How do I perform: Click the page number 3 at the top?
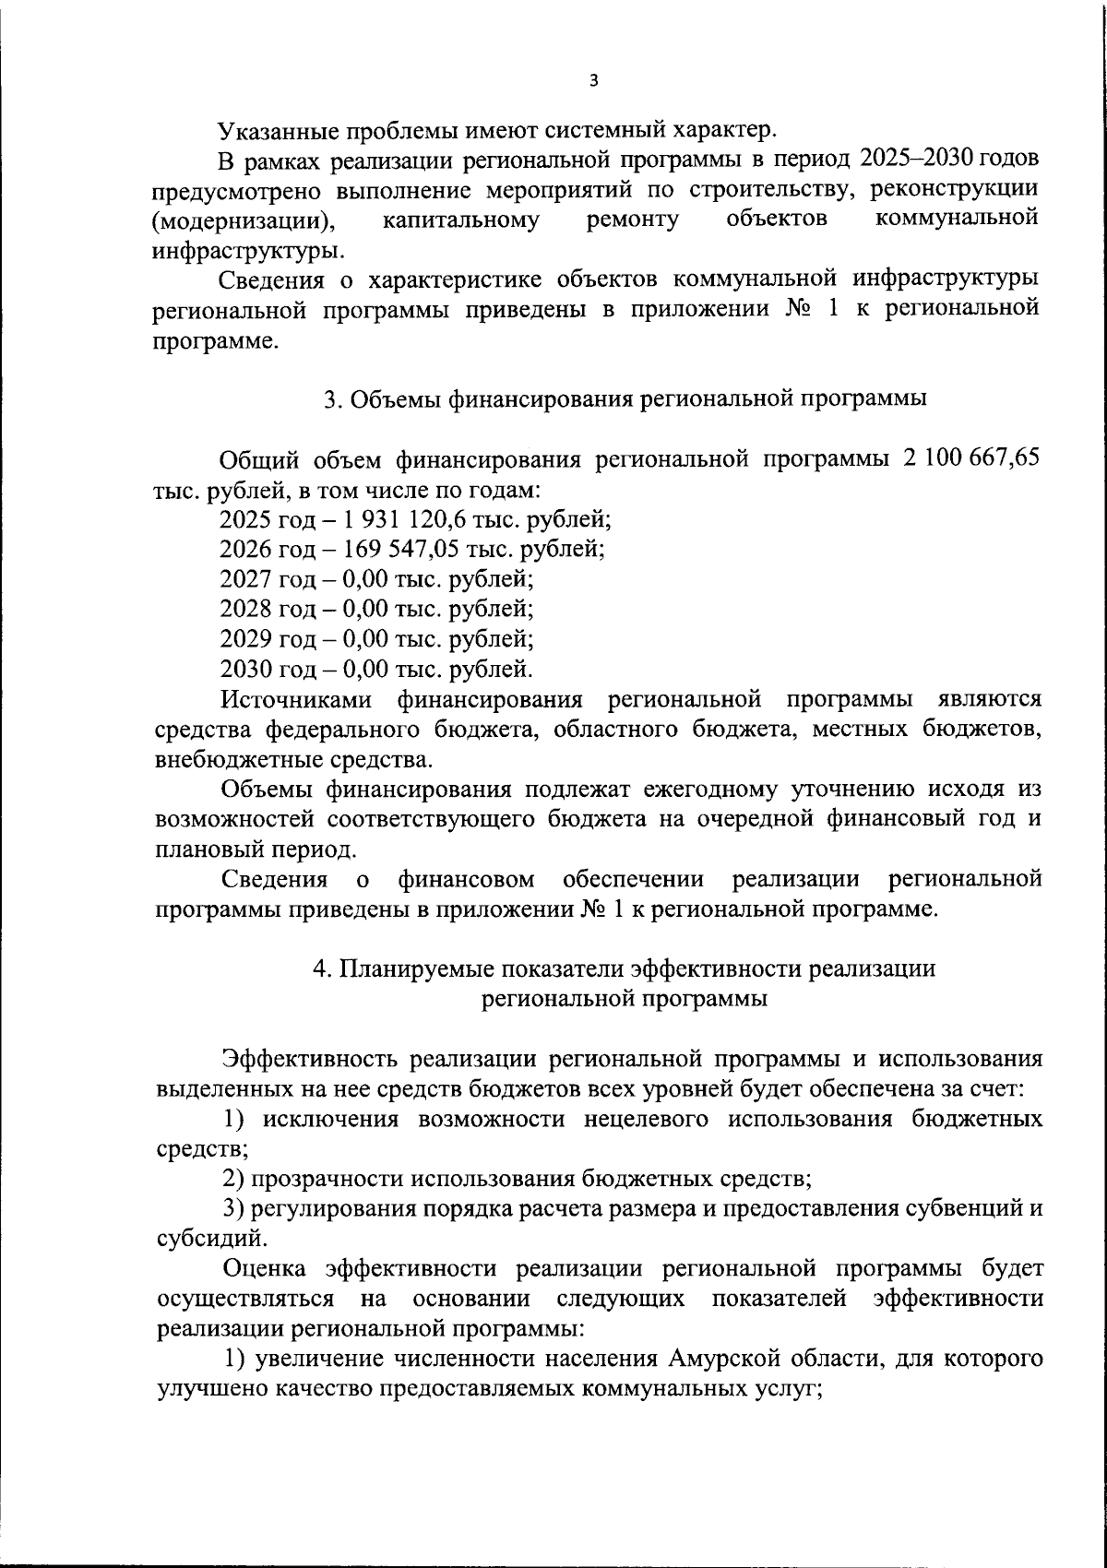click(x=593, y=81)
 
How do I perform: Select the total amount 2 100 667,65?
click(x=968, y=459)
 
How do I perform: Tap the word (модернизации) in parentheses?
click(x=243, y=220)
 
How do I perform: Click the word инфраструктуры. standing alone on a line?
click(x=251, y=250)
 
